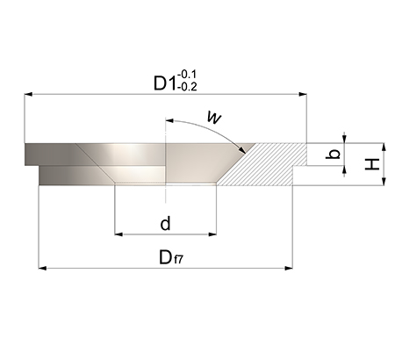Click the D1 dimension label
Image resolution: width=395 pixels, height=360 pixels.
[x=165, y=83]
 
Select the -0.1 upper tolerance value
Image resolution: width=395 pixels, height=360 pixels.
[x=187, y=75]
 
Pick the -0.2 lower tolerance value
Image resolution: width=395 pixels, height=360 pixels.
[x=187, y=87]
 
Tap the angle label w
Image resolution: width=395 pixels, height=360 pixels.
[x=214, y=117]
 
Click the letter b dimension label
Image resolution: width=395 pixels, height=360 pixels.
[x=333, y=154]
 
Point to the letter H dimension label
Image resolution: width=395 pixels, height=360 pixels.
[x=372, y=164]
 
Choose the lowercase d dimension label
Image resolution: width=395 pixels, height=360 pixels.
[x=165, y=224]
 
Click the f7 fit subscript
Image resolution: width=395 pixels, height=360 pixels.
[x=178, y=260]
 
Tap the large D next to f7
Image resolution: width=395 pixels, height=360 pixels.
[x=166, y=257]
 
